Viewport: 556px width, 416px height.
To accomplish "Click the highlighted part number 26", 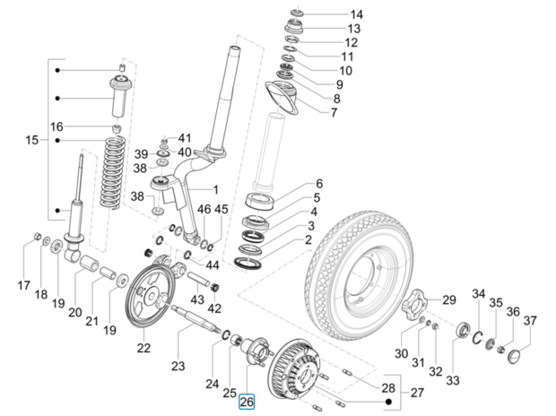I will [x=247, y=402].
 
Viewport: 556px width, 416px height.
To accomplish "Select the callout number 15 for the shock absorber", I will [x=32, y=140].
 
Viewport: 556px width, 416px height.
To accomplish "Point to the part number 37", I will [x=529, y=321].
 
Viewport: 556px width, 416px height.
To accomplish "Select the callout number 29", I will [x=449, y=300].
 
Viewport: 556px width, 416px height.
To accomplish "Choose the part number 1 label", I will [x=214, y=190].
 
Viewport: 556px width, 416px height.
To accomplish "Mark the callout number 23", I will [x=178, y=364].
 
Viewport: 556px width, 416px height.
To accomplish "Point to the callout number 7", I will [x=333, y=113].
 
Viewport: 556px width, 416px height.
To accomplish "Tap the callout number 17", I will [x=24, y=286].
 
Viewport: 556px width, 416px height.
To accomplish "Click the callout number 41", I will [x=185, y=138].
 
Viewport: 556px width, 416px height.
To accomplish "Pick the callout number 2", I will [x=308, y=239].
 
